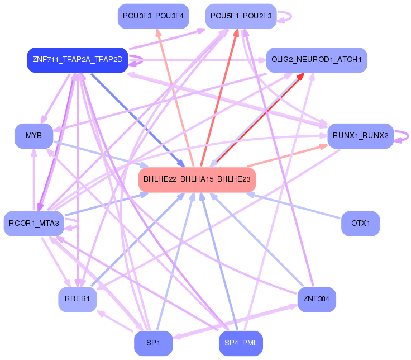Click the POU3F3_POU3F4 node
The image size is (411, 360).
point(153,16)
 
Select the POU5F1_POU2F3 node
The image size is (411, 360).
point(240,16)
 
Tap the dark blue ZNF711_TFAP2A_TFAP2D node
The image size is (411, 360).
point(78,60)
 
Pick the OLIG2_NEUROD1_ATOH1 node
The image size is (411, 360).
point(317,59)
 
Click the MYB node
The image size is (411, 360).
point(34,136)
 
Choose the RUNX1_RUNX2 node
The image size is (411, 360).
point(361,136)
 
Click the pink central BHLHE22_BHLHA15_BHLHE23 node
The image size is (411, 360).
point(197,179)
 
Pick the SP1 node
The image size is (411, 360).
point(153,343)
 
